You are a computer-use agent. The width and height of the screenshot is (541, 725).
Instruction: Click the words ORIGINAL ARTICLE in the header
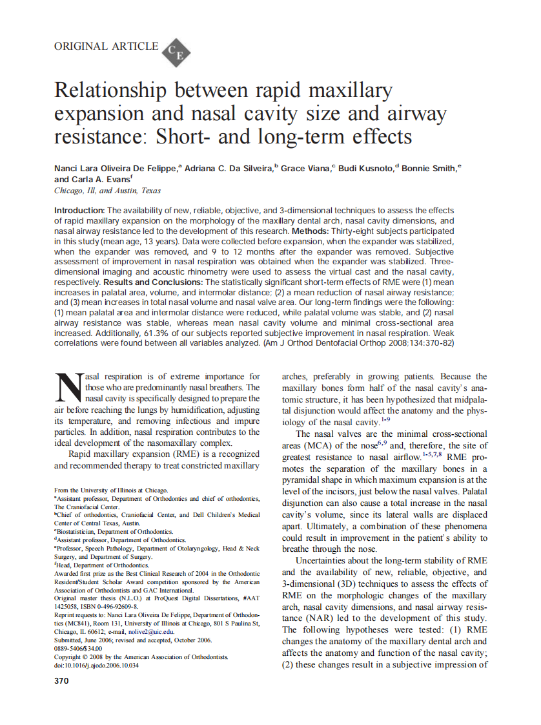coord(107,47)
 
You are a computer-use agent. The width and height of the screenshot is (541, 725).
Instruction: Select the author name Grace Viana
coord(305,168)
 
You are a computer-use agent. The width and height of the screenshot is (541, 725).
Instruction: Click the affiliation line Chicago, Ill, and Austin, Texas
coord(108,191)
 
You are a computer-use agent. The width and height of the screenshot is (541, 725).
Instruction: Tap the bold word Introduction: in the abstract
coord(79,211)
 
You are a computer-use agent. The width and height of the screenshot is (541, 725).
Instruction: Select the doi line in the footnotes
coord(96,665)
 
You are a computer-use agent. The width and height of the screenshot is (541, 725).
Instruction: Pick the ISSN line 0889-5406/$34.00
coord(78,648)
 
